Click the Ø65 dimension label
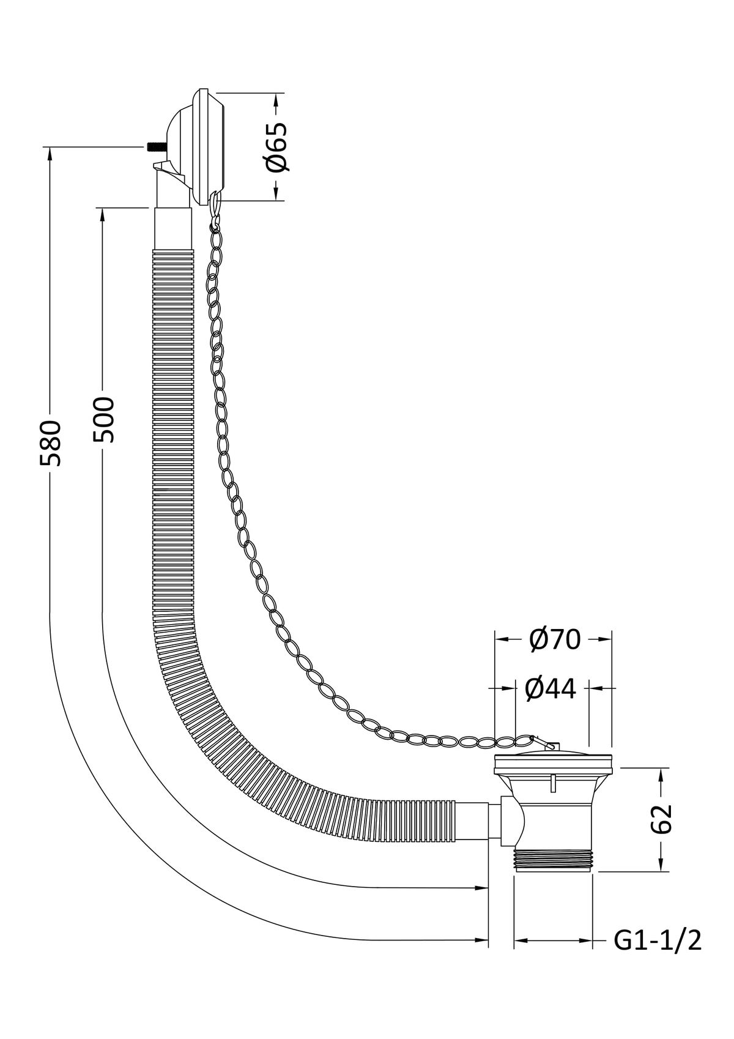276,147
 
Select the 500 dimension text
103,419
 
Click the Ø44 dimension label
550,689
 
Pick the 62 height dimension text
661,819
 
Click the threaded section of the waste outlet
553,860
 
